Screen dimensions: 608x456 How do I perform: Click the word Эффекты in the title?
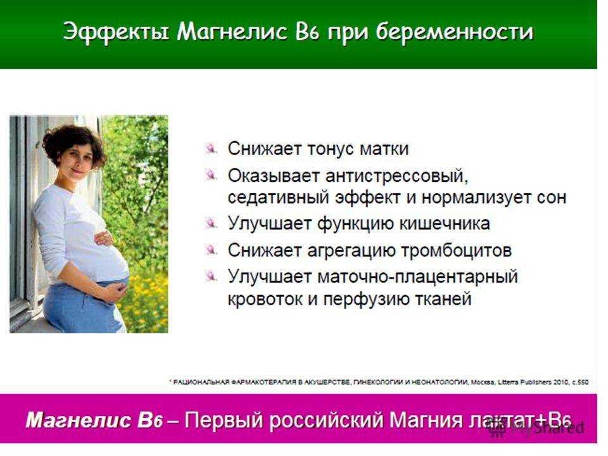[115, 32]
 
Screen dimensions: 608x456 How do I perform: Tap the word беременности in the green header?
[455, 31]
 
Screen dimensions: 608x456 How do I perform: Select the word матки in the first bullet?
[384, 148]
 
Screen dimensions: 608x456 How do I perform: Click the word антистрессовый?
[396, 177]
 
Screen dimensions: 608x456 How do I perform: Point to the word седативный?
[278, 198]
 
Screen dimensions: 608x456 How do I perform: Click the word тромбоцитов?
[456, 251]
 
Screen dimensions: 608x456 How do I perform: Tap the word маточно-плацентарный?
[417, 277]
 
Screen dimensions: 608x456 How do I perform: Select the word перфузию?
[365, 300]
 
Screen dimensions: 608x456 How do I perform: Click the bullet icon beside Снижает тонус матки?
[211, 148]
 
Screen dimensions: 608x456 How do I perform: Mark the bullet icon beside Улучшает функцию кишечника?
[211, 224]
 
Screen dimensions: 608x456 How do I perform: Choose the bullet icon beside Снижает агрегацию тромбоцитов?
[211, 250]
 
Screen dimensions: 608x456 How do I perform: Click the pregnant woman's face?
[79, 161]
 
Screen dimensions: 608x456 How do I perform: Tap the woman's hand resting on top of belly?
[104, 238]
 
